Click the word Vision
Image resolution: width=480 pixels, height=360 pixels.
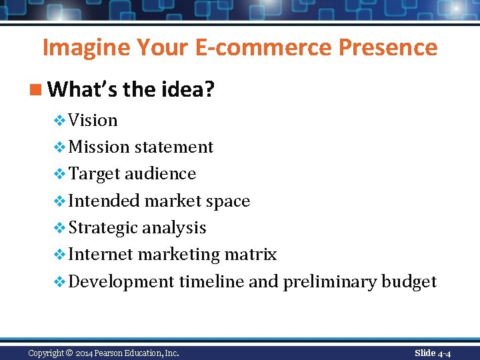tap(93, 120)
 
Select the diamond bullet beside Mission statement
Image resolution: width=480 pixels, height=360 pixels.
tap(59, 147)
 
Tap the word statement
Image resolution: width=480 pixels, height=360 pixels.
tap(174, 147)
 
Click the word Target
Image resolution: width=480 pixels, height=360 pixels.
tap(93, 174)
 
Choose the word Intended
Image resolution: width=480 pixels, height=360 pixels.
tap(104, 201)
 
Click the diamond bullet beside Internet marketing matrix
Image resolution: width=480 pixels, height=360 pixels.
tap(59, 255)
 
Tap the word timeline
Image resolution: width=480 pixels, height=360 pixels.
tap(211, 281)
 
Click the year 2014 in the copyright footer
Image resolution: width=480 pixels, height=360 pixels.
tap(83, 353)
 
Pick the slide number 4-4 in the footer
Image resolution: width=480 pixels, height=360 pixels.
tap(444, 353)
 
